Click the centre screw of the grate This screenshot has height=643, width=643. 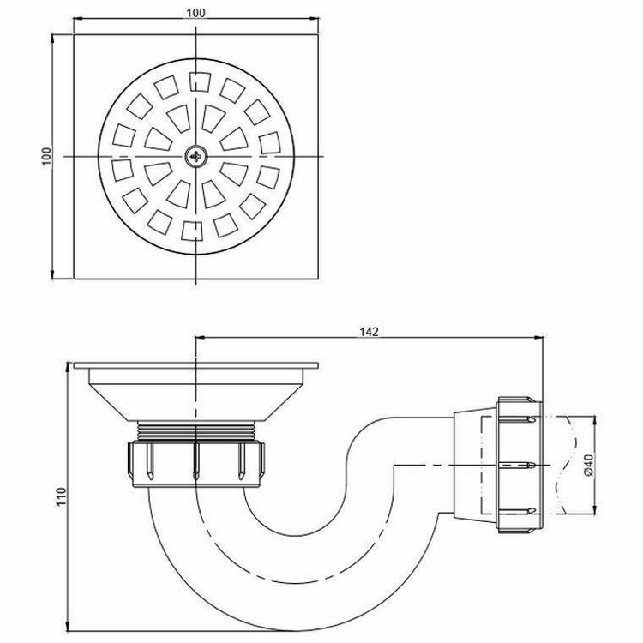click(196, 156)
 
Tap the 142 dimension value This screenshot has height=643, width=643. click(370, 330)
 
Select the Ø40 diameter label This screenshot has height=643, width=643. click(588, 466)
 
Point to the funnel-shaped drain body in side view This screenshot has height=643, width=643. click(197, 394)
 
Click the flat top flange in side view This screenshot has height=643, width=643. click(197, 367)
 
